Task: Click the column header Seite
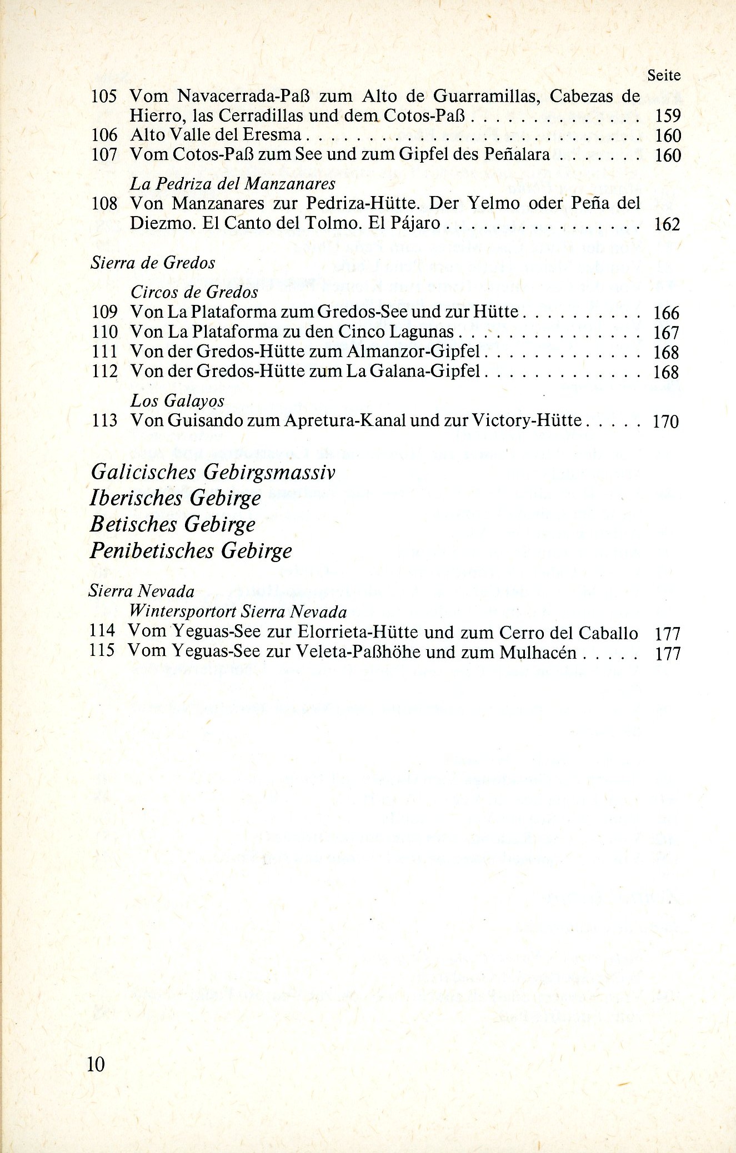tap(664, 76)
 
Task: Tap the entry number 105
tap(104, 97)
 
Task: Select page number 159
tap(667, 116)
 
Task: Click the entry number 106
tap(104, 135)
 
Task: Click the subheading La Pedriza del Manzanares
tap(233, 183)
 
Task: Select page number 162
tap(667, 224)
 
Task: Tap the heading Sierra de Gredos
tap(153, 263)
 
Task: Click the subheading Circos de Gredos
tap(194, 292)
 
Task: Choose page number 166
tap(667, 313)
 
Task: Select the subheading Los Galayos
tap(177, 400)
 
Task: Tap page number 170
tap(667, 422)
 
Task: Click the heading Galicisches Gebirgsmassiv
tap(213, 472)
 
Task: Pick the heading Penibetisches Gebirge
tap(191, 551)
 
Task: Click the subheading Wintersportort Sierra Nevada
tap(238, 612)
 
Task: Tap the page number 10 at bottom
tap(96, 1064)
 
